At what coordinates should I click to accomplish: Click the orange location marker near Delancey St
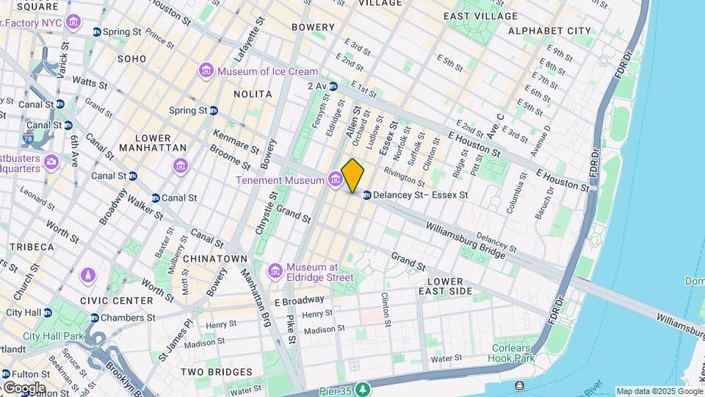(x=352, y=176)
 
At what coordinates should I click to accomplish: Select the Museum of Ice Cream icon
(x=206, y=71)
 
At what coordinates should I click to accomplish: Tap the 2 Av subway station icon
(x=333, y=86)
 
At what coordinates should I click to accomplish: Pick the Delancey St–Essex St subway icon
(x=366, y=195)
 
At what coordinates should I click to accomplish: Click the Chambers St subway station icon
(x=95, y=318)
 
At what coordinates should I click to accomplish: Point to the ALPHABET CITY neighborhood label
(x=549, y=31)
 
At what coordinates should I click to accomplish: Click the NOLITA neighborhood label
(x=253, y=94)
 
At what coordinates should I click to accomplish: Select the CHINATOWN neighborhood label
(x=215, y=259)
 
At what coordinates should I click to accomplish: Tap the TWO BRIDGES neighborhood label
(x=211, y=372)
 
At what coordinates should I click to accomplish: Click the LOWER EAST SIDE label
(x=450, y=286)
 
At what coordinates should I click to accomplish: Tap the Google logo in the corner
(x=24, y=387)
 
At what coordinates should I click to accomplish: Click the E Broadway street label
(x=299, y=300)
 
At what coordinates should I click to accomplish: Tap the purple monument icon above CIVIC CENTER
(x=88, y=275)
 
